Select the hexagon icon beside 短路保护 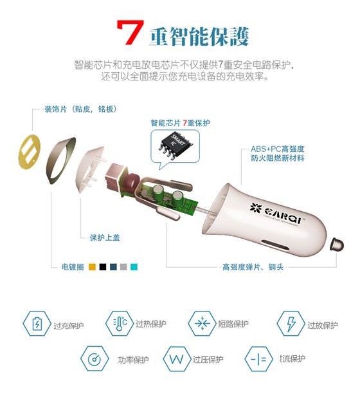click(202, 322)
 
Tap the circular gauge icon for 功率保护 click(94, 358)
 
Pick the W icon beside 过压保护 click(175, 359)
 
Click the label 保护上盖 click(104, 237)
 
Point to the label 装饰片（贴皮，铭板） click(80, 109)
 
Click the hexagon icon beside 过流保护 click(258, 358)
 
